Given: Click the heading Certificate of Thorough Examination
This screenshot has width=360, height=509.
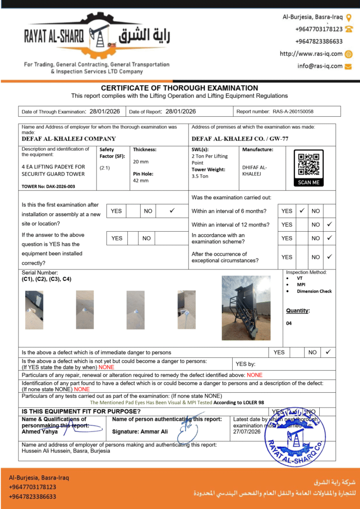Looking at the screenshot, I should (x=180, y=88).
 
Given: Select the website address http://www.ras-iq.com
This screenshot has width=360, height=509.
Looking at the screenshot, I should (x=311, y=54).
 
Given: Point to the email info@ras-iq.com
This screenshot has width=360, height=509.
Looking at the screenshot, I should (x=320, y=66).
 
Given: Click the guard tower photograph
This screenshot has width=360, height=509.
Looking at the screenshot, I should (x=246, y=308).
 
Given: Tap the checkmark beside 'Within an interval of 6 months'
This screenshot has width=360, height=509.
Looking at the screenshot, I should (x=301, y=211).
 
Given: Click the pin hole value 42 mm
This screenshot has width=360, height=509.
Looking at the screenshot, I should (x=141, y=180).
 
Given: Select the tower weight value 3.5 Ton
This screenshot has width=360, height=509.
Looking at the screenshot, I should (x=200, y=176).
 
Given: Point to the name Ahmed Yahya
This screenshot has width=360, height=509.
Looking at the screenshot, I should (x=40, y=431).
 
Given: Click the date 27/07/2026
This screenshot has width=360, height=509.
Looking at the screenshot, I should (x=247, y=432).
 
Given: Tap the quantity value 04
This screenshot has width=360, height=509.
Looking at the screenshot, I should (x=289, y=323).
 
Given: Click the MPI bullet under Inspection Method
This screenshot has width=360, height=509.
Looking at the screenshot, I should (x=301, y=285).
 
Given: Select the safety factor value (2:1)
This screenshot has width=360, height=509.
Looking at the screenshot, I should (x=105, y=168).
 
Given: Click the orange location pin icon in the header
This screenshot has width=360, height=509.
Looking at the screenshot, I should (x=349, y=17).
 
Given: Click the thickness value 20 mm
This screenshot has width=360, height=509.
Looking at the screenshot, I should (x=140, y=162).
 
